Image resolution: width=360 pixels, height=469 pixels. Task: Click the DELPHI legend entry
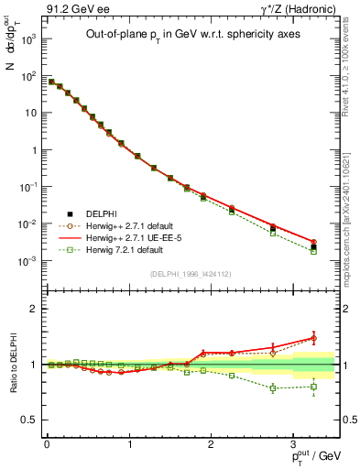tap(101, 213)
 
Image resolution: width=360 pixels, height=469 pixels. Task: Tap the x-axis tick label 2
tap(211, 444)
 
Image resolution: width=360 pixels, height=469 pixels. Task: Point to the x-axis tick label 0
tap(46, 444)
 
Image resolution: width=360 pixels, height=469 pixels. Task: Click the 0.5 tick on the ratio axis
tap(33, 420)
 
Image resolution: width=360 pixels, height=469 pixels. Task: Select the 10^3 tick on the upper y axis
tap(29, 39)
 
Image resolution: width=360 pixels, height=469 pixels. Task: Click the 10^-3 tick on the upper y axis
tap(29, 261)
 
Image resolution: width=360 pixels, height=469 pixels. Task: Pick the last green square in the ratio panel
tap(313, 387)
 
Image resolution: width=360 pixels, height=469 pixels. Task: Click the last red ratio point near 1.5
tap(313, 338)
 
